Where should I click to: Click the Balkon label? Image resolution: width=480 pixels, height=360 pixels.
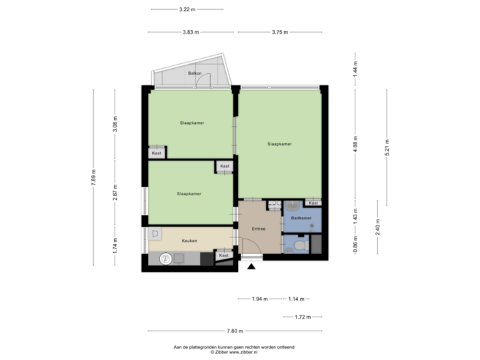[x=195, y=73]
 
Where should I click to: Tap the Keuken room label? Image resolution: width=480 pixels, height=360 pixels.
[x=189, y=241]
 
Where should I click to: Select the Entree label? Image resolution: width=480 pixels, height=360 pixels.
[x=259, y=229]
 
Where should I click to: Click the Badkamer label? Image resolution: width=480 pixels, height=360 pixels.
[x=301, y=218]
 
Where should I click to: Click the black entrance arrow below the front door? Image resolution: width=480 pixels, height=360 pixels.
[x=251, y=268]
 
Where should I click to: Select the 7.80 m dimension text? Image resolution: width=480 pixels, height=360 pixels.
[x=235, y=331]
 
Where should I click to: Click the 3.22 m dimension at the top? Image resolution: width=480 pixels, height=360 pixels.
[x=187, y=9]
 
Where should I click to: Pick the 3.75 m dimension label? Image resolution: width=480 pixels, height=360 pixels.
[x=280, y=32]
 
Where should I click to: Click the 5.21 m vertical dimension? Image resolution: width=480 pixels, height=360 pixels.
[x=387, y=147]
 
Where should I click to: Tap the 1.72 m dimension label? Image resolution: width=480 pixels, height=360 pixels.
[x=303, y=317]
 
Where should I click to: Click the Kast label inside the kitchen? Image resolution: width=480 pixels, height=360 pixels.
[x=225, y=255]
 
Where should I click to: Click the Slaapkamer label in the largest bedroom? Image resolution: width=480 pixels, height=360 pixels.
[x=279, y=144]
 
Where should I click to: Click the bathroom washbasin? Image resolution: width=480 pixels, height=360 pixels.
[x=291, y=207]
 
